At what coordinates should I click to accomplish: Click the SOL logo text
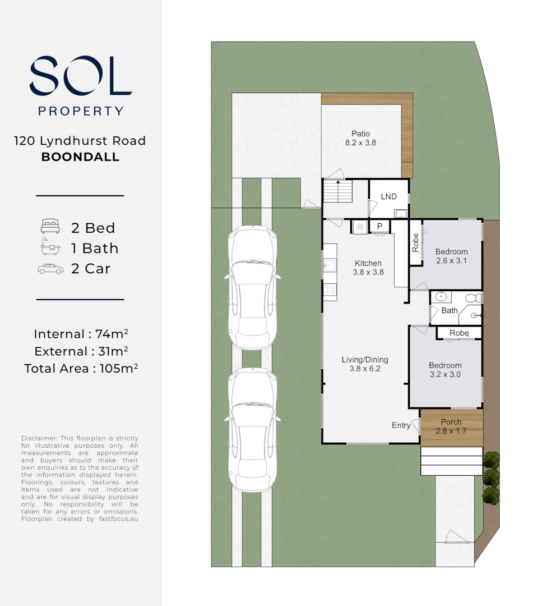click(81, 76)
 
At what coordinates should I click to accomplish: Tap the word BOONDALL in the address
click(80, 157)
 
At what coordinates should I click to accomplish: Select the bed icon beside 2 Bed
click(50, 226)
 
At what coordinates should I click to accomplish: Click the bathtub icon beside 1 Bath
click(50, 246)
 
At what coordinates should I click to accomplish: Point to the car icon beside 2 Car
click(50, 269)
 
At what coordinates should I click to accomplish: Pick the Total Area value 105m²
click(119, 368)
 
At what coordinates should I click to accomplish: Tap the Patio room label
click(360, 134)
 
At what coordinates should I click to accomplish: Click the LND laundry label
click(388, 196)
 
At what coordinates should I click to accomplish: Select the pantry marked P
click(379, 226)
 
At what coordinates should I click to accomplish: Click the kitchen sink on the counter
click(330, 265)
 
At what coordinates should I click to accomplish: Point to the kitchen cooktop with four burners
click(330, 290)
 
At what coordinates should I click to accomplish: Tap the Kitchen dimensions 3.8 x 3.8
click(368, 272)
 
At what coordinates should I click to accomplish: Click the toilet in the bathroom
click(474, 298)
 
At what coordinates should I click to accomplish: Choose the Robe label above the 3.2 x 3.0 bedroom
click(459, 333)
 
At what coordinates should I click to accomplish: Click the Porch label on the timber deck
click(451, 422)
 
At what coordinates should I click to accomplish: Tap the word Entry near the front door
click(401, 425)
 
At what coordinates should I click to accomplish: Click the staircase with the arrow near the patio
click(338, 191)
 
